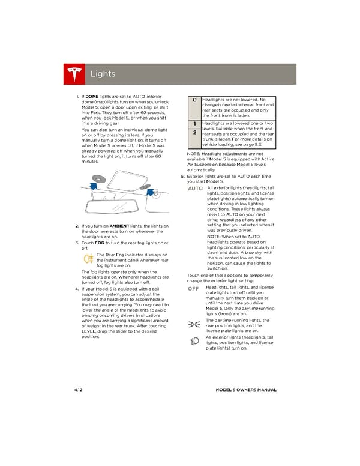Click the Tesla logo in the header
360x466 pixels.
tap(74, 74)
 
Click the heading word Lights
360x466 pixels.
tap(102, 74)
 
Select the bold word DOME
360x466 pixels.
tap(92, 97)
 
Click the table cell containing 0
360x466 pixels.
tap(194, 100)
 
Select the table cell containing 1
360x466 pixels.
tap(194, 123)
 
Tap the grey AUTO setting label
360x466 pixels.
tap(196, 189)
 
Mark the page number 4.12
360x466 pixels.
tap(79, 389)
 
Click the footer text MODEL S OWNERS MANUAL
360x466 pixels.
tap(245, 389)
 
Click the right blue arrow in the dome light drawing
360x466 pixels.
tap(146, 193)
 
